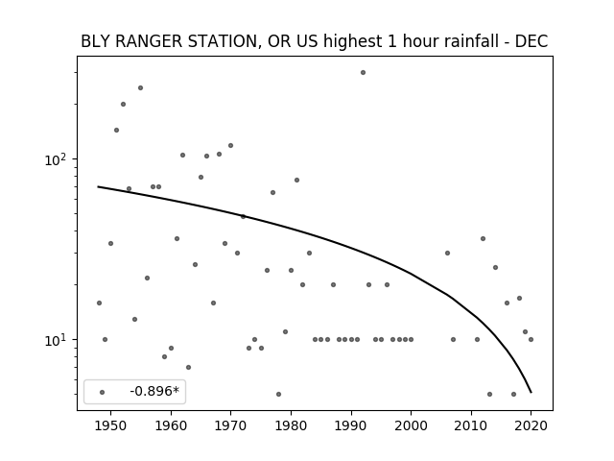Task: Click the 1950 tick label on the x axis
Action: coord(111,426)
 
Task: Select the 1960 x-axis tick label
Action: coord(171,426)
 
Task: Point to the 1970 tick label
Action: coord(230,426)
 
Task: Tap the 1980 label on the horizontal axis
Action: coord(291,426)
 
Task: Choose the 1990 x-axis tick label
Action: coord(351,426)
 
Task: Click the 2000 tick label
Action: coord(412,426)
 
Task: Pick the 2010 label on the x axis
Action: coord(471,426)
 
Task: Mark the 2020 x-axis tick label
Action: coord(531,426)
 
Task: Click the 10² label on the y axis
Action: coord(58,160)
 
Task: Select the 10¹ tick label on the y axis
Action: coord(58,340)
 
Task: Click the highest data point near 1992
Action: coord(363,73)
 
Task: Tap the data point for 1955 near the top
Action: coord(141,87)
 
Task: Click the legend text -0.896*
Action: coord(154,391)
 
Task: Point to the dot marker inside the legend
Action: coord(103,393)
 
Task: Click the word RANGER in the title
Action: coord(149,41)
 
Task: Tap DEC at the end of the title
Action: coord(531,41)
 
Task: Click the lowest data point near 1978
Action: coord(278,395)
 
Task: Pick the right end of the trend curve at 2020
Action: coord(531,392)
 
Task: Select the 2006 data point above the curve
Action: coord(448,254)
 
